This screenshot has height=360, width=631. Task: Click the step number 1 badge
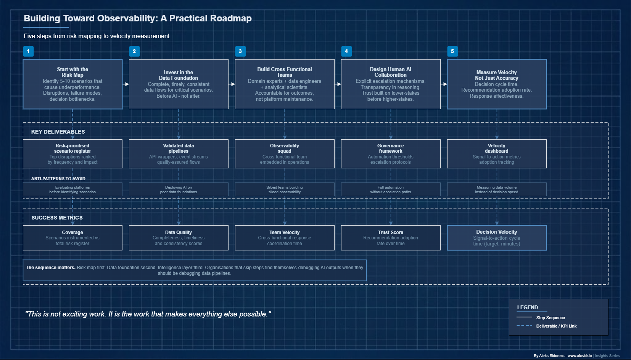[28, 51]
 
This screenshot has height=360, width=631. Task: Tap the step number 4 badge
[346, 51]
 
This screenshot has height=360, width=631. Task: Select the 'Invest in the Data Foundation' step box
[179, 84]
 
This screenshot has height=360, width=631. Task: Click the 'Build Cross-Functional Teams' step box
[285, 84]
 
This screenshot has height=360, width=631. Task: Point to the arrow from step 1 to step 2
[126, 84]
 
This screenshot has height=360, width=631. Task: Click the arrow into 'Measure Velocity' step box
[444, 84]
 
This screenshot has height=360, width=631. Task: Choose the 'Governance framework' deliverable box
[391, 154]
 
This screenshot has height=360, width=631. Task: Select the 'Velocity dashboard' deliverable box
[497, 154]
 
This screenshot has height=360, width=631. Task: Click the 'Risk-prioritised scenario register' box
[72, 154]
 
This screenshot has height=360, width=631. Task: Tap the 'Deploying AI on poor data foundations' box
[179, 189]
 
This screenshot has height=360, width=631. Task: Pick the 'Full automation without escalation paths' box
[391, 189]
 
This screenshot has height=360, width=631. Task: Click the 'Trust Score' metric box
[391, 238]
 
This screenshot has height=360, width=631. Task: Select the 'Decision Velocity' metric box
[497, 238]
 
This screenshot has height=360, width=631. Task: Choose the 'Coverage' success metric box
[72, 238]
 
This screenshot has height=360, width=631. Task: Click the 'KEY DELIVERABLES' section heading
[58, 132]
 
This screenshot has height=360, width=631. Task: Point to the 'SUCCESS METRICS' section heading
[57, 218]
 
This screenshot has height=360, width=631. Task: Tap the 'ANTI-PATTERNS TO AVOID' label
[58, 179]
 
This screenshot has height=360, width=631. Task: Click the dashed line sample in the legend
[524, 326]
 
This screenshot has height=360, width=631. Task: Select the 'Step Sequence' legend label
[551, 318]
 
